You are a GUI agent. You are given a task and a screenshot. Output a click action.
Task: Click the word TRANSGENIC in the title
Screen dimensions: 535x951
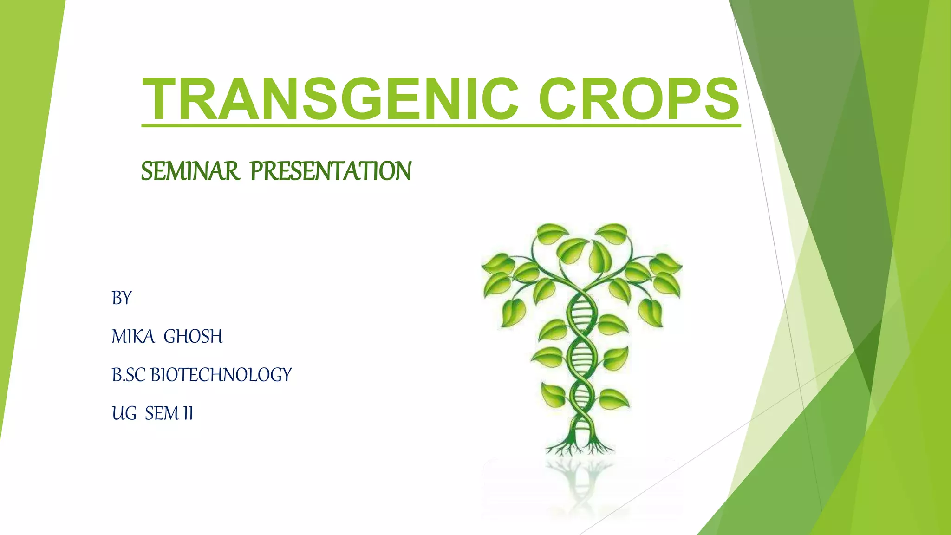coord(330,99)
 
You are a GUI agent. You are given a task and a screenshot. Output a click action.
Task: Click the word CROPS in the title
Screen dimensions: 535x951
coord(638,99)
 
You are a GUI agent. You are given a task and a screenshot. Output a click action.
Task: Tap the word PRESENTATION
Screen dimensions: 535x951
coord(331,171)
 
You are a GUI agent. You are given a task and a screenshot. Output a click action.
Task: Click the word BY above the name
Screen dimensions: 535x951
coord(122,298)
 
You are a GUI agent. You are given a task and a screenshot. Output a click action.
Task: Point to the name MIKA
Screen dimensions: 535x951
coord(133,336)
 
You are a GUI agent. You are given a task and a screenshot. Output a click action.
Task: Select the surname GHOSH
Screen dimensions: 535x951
coord(193,336)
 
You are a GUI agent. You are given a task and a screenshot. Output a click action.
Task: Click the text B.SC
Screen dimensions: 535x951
coord(129,375)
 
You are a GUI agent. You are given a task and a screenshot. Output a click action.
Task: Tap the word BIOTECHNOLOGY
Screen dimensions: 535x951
coord(221,375)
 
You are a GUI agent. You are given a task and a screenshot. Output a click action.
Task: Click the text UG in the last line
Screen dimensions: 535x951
coord(124,413)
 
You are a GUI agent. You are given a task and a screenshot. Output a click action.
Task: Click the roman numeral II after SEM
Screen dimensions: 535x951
coord(188,413)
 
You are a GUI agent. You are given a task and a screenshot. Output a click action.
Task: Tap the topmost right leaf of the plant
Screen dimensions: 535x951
coord(612,232)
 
